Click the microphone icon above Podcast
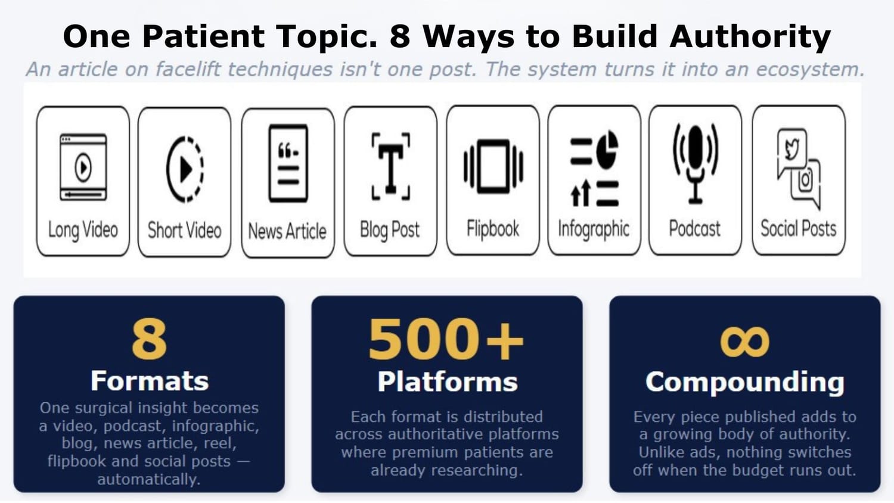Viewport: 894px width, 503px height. click(696, 164)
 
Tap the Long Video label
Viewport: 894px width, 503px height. click(83, 230)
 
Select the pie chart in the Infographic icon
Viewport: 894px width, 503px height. click(607, 150)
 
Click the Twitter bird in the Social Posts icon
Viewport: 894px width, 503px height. click(793, 148)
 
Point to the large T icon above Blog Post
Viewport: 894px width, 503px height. click(391, 166)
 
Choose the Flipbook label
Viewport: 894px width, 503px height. click(493, 229)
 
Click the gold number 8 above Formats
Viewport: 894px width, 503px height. click(149, 339)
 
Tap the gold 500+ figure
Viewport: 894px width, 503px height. click(446, 339)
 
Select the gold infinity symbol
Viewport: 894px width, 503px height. click(745, 341)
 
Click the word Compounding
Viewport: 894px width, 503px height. click(745, 382)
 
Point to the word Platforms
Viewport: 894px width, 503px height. click(448, 382)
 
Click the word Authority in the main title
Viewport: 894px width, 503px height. click(750, 37)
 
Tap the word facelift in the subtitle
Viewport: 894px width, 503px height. click(188, 70)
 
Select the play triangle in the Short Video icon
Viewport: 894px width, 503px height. click(187, 169)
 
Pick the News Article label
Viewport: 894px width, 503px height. click(287, 232)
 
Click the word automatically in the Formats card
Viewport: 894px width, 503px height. click(149, 479)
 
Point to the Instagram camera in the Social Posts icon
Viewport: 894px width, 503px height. click(806, 179)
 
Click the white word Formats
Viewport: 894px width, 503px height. click(150, 381)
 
